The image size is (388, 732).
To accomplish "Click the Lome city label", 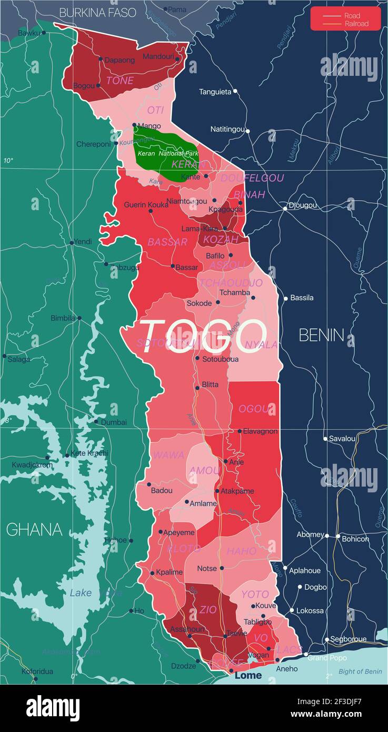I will [x=248, y=675].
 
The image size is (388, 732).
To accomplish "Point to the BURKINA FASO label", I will [x=97, y=12].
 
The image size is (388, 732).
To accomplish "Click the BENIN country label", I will [x=321, y=335].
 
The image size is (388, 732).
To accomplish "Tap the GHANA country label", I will [x=34, y=529].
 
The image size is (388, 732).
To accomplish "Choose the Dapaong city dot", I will [x=101, y=59].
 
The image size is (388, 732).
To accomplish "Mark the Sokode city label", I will [x=199, y=303].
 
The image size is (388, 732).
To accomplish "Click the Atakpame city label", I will [x=237, y=491].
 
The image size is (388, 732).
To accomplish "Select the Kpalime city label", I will [x=169, y=572].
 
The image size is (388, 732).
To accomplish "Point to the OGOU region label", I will [x=257, y=409].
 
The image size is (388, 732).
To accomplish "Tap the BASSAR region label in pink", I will [x=167, y=242].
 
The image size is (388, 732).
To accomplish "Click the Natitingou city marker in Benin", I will [x=248, y=131].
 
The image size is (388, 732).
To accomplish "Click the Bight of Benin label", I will [x=360, y=671].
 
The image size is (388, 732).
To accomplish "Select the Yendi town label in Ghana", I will [x=83, y=241].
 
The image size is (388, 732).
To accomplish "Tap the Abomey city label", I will [x=310, y=534].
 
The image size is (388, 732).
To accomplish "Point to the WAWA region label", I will [x=168, y=455].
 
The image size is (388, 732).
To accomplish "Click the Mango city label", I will [x=150, y=126].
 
